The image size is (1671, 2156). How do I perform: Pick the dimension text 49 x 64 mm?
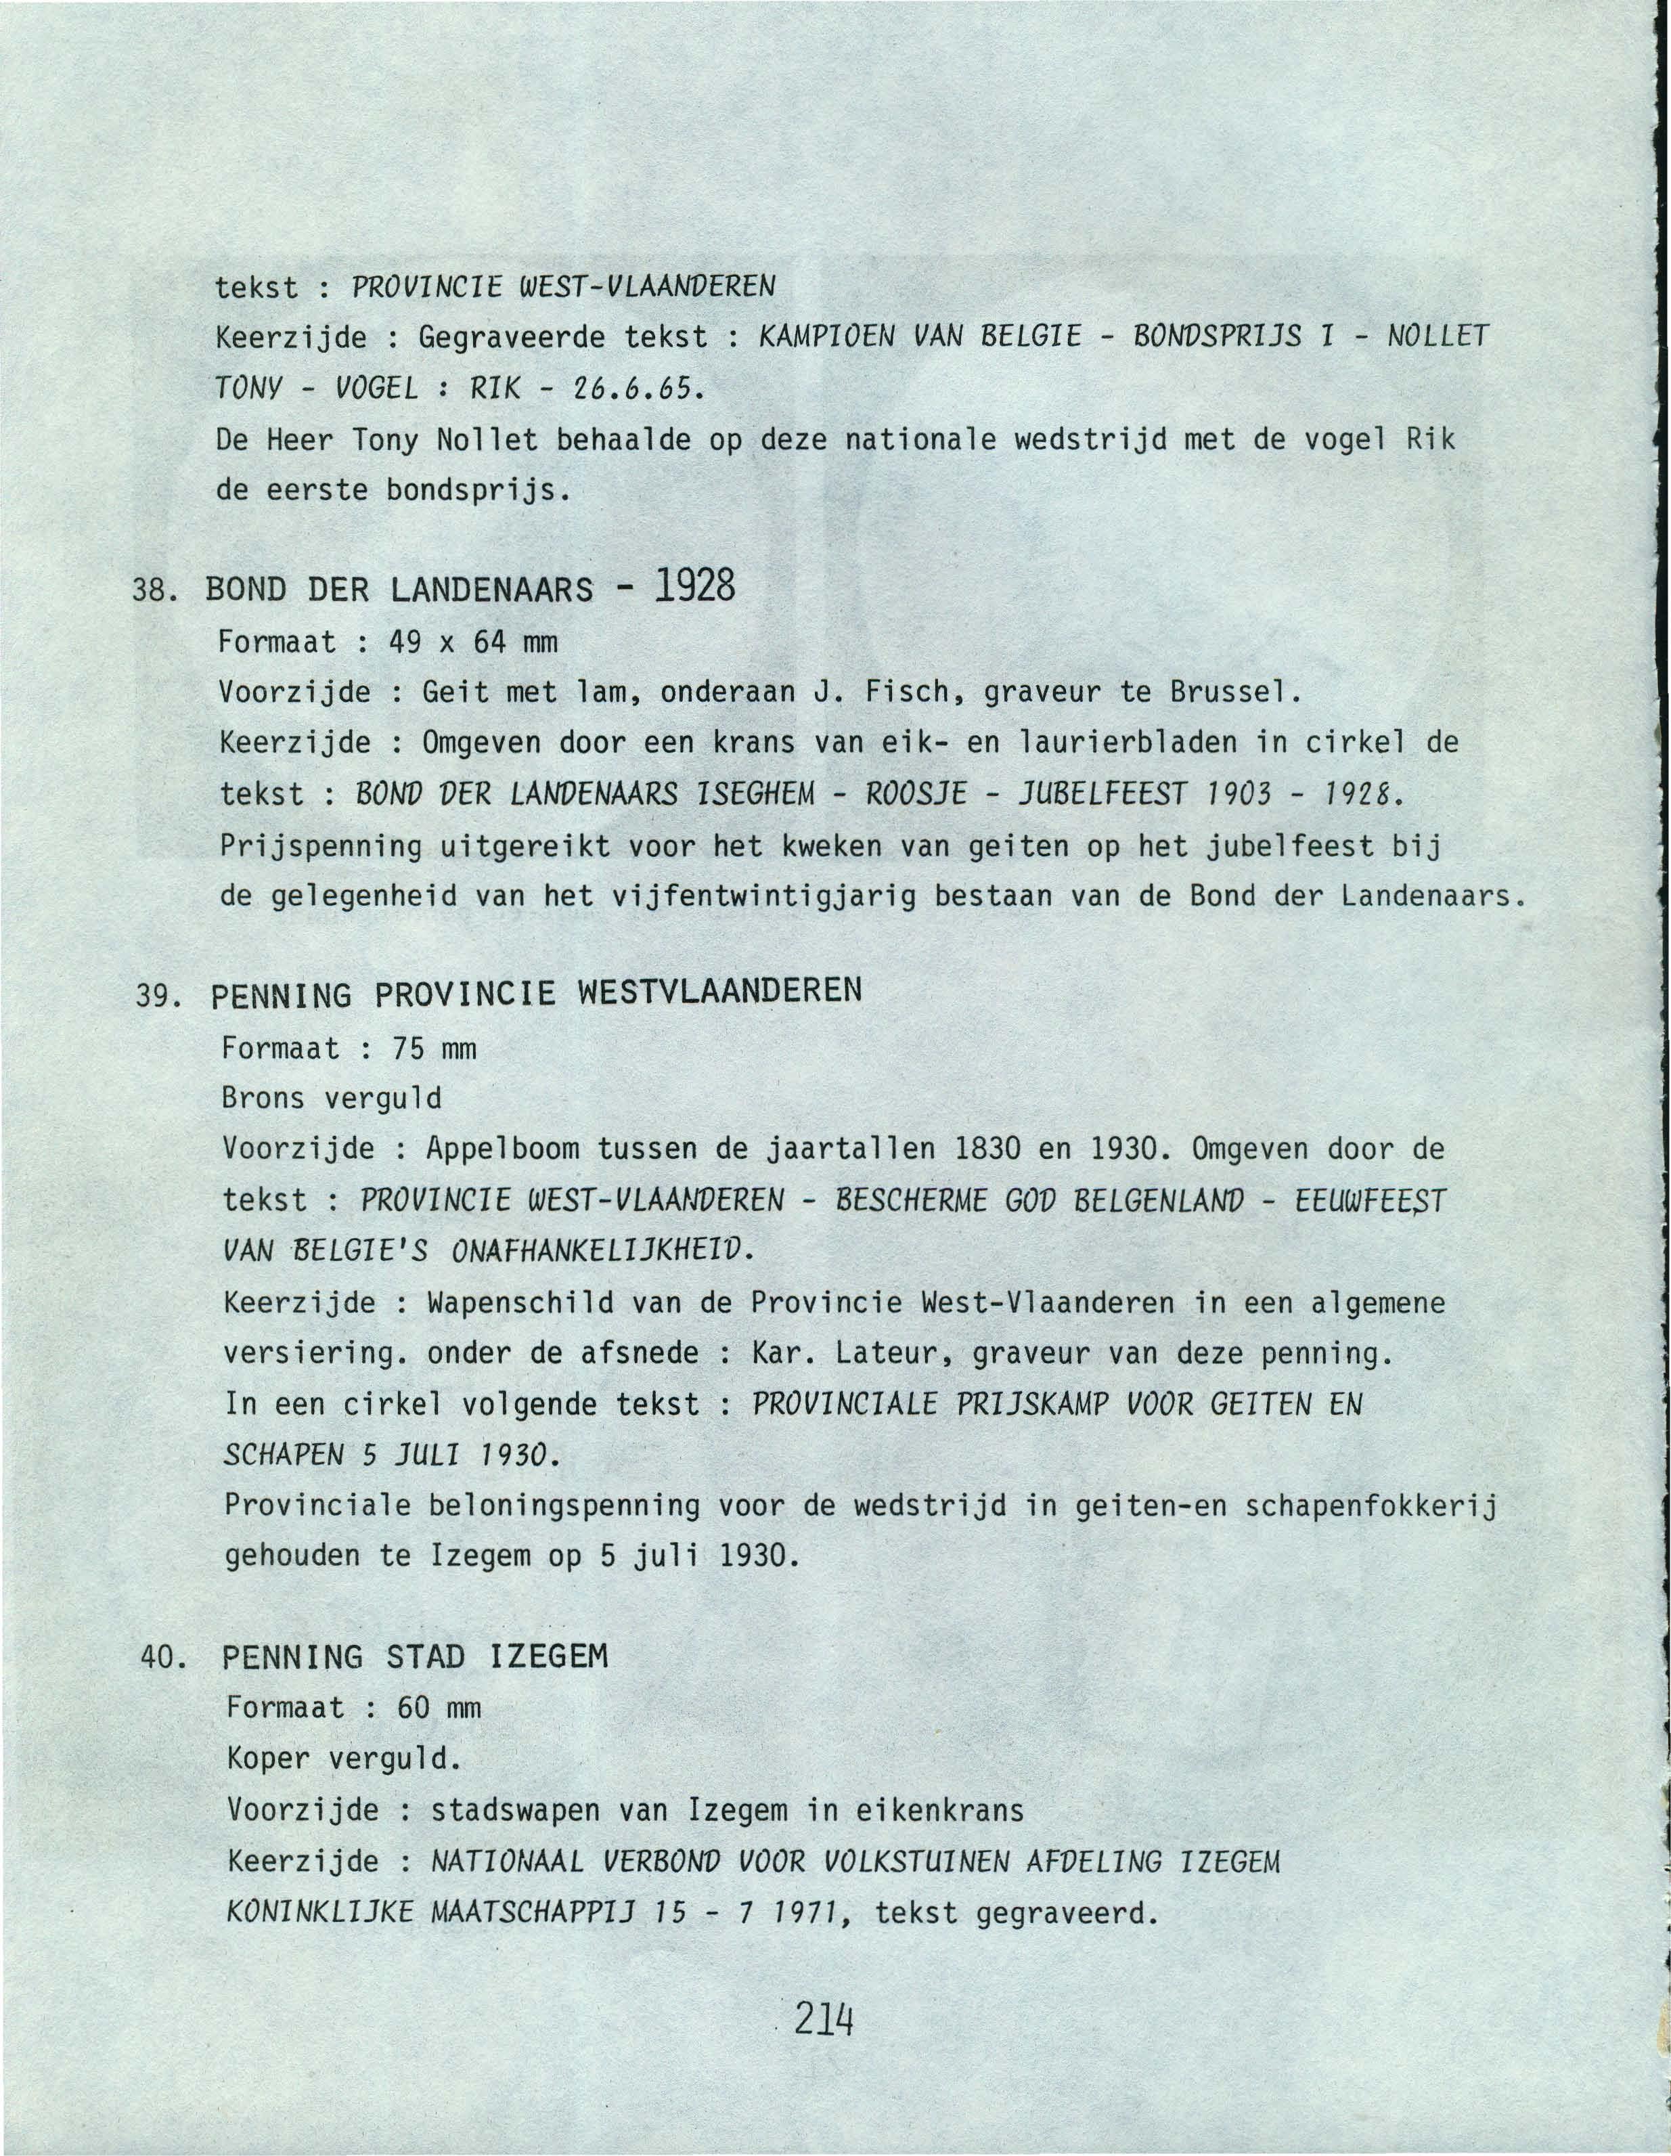pos(474,642)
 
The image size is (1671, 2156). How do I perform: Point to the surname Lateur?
pos(896,1352)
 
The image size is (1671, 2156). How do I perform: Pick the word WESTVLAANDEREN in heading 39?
pos(719,990)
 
